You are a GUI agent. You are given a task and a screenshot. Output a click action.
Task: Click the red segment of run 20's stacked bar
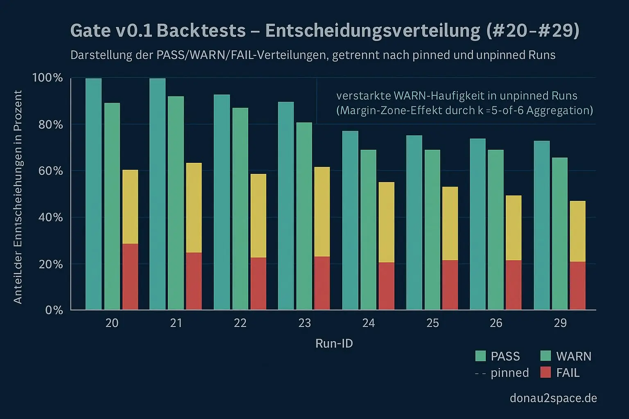pos(130,276)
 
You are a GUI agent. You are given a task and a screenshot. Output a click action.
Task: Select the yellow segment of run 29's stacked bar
pos(577,231)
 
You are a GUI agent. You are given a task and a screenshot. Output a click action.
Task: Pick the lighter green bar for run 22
pos(240,208)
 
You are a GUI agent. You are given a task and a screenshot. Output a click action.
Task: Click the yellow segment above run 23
pos(322,212)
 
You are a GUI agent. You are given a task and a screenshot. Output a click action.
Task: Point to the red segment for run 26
pos(514,285)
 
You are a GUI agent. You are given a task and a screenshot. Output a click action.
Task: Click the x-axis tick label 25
pos(432,323)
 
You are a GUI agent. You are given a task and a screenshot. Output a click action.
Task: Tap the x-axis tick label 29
pos(560,323)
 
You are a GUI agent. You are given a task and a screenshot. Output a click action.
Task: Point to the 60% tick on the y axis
pos(50,171)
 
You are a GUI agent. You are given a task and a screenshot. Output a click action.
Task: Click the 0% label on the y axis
pos(54,310)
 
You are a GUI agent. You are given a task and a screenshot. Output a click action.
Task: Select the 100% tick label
pos(48,78)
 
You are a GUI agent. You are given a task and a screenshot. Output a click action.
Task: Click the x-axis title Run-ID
pos(334,343)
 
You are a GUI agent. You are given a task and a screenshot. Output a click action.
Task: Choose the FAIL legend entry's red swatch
pos(545,372)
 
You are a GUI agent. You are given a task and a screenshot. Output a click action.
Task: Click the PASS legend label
pos(505,356)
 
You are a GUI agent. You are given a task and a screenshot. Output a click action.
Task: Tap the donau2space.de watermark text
pos(553,398)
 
